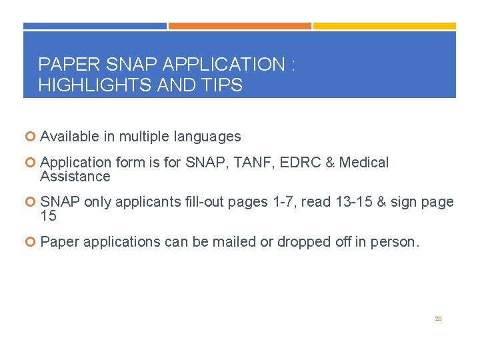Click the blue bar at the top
click(95, 26)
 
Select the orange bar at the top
click(239, 26)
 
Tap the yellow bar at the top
click(385, 26)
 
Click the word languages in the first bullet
click(207, 137)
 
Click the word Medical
click(364, 163)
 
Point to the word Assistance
click(75, 177)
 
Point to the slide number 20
click(438, 319)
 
